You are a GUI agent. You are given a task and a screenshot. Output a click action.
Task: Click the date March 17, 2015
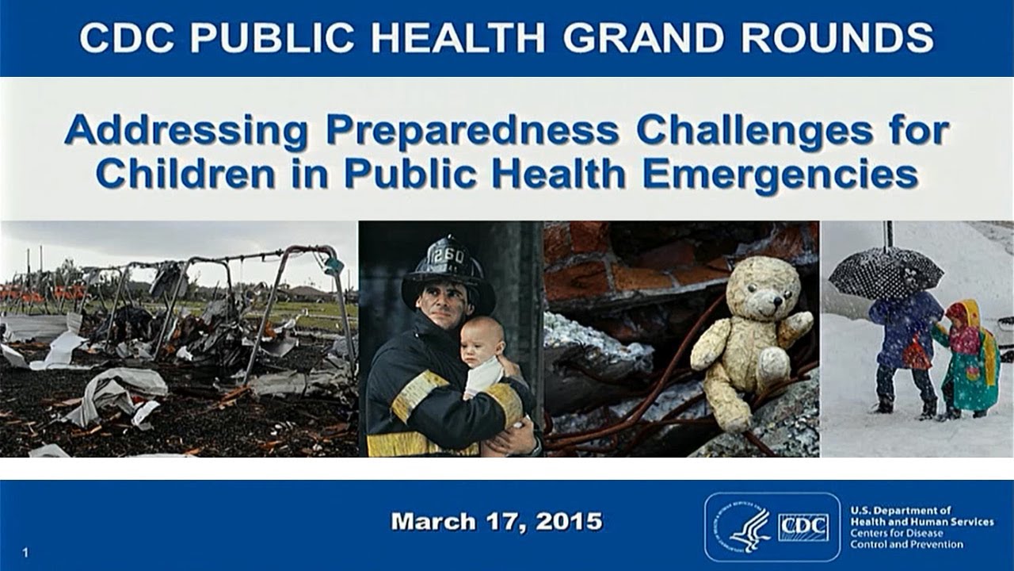point(497,522)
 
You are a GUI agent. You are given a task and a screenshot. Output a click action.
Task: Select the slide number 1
point(26,553)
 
